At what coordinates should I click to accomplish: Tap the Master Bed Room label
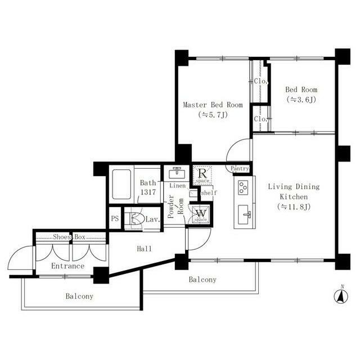(x=213, y=105)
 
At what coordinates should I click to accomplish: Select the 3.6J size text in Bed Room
(x=301, y=100)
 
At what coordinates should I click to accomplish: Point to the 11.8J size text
(x=294, y=207)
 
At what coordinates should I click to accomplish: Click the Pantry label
(x=240, y=169)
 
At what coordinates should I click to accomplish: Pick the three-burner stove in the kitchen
(x=243, y=187)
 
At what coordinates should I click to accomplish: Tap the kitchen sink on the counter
(x=244, y=214)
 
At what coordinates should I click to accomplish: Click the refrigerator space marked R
(x=202, y=175)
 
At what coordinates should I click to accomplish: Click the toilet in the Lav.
(x=137, y=219)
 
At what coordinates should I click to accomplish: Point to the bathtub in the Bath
(x=121, y=184)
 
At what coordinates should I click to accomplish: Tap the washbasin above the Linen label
(x=177, y=173)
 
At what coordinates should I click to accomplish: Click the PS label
(x=115, y=218)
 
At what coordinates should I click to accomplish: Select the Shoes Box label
(x=69, y=237)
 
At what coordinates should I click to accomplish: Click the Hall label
(x=144, y=249)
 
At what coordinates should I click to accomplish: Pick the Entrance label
(x=67, y=266)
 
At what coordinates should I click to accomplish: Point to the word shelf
(x=209, y=192)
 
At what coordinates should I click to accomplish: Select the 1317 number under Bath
(x=148, y=192)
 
